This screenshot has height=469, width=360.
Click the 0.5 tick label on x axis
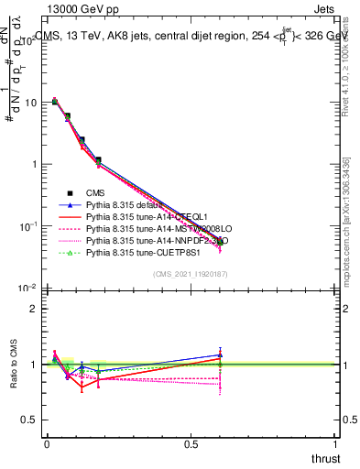point(191,444)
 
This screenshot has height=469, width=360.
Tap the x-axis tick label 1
point(336,444)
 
